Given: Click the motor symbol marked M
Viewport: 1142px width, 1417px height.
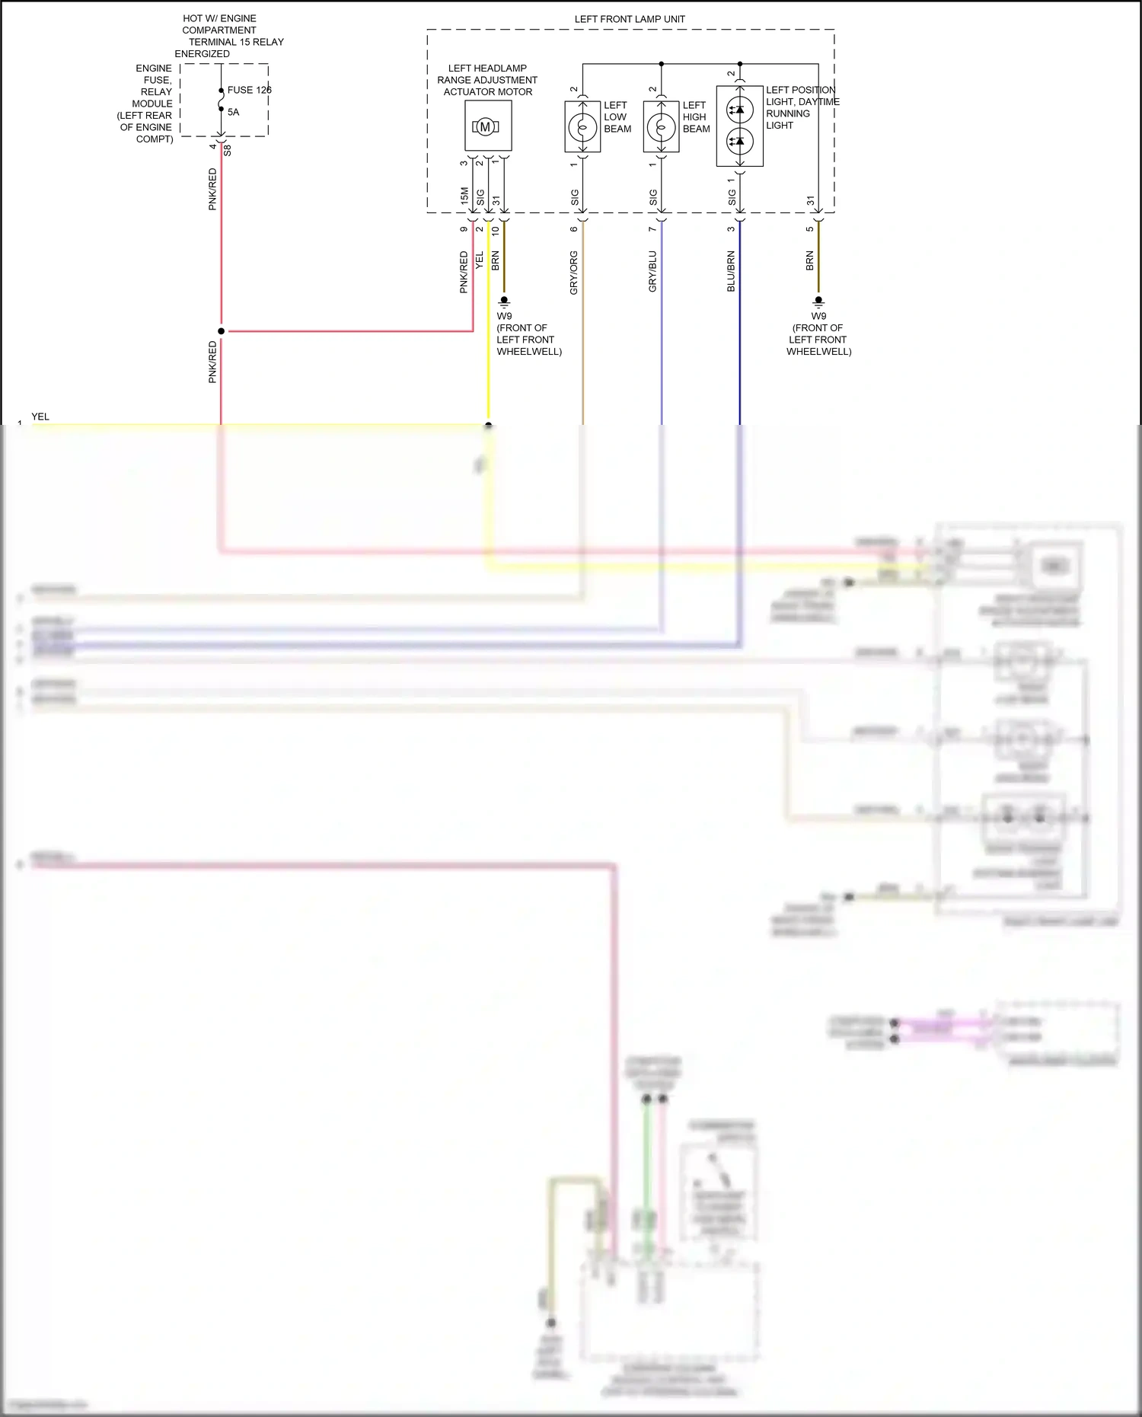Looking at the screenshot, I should click(x=485, y=126).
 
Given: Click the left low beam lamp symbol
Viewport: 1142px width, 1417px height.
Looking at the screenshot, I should click(x=582, y=126).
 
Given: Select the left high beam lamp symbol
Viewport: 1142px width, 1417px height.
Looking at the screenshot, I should click(x=661, y=126).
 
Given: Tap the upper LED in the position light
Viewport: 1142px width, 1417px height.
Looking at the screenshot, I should click(x=739, y=110).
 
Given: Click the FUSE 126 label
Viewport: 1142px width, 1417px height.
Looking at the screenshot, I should click(x=249, y=90).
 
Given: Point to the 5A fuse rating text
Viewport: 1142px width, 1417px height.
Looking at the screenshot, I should click(x=233, y=112).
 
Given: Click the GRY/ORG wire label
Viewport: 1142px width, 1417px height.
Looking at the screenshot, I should click(x=573, y=273).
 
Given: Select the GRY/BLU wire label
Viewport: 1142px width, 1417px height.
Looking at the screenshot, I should click(x=652, y=272).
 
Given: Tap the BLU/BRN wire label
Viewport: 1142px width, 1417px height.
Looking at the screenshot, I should click(x=731, y=271).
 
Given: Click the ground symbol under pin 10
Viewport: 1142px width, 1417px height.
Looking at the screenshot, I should click(x=504, y=302).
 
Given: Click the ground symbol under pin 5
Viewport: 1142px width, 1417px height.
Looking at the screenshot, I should click(x=818, y=302).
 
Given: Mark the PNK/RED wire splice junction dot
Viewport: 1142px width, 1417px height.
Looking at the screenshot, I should click(x=222, y=331).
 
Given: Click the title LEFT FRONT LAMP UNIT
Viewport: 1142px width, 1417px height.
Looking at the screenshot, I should click(x=630, y=19).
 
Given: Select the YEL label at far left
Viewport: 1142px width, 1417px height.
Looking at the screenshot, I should click(x=40, y=416).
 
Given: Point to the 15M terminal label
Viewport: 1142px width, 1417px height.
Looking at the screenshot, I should click(x=464, y=196).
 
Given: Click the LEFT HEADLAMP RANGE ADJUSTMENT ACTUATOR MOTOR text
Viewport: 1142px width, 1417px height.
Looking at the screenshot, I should click(x=487, y=80).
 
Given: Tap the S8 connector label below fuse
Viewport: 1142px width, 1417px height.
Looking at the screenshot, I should click(x=227, y=150).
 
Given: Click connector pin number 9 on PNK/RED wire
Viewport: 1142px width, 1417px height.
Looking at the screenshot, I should click(x=464, y=229).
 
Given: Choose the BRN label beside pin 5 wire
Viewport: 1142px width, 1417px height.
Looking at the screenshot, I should click(x=809, y=260).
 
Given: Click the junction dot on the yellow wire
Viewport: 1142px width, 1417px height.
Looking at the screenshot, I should click(x=489, y=425).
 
